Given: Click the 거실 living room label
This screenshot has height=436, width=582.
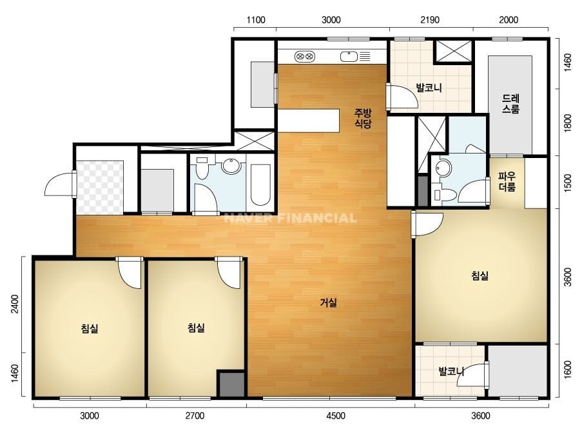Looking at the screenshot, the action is point(328,302).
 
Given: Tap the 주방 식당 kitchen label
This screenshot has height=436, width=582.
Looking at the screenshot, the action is point(363,118).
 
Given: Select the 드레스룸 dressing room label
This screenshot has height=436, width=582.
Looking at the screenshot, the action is point(510,104).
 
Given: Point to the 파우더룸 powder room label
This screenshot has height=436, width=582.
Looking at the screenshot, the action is point(507,181).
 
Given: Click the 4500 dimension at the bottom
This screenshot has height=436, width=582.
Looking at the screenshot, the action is point(336,415).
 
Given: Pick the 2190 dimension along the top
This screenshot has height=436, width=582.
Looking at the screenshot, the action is point(430,20).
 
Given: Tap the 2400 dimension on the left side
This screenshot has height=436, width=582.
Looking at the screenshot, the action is point(14,304).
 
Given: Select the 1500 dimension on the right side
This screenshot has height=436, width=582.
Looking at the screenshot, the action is point(568,183).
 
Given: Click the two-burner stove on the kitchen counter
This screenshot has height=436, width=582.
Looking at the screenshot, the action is point(305,57).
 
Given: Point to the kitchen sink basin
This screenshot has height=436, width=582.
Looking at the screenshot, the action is point(349,57).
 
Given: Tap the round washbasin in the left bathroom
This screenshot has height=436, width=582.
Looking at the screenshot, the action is point(232,166).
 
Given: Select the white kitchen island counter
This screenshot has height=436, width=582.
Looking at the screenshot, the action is point(309,121).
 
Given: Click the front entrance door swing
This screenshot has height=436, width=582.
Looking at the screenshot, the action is point(61,183).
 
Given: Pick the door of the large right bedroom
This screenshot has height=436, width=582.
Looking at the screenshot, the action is point(427,224).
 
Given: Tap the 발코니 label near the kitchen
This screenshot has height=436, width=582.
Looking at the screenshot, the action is point(429,88).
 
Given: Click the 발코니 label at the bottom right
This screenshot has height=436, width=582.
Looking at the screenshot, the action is point(451,371).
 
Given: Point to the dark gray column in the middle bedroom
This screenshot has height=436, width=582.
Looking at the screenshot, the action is point(231,384).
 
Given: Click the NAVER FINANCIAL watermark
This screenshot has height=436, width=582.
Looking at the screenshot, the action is point(290,217).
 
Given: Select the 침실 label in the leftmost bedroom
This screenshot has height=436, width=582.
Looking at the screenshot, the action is point(90,328).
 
